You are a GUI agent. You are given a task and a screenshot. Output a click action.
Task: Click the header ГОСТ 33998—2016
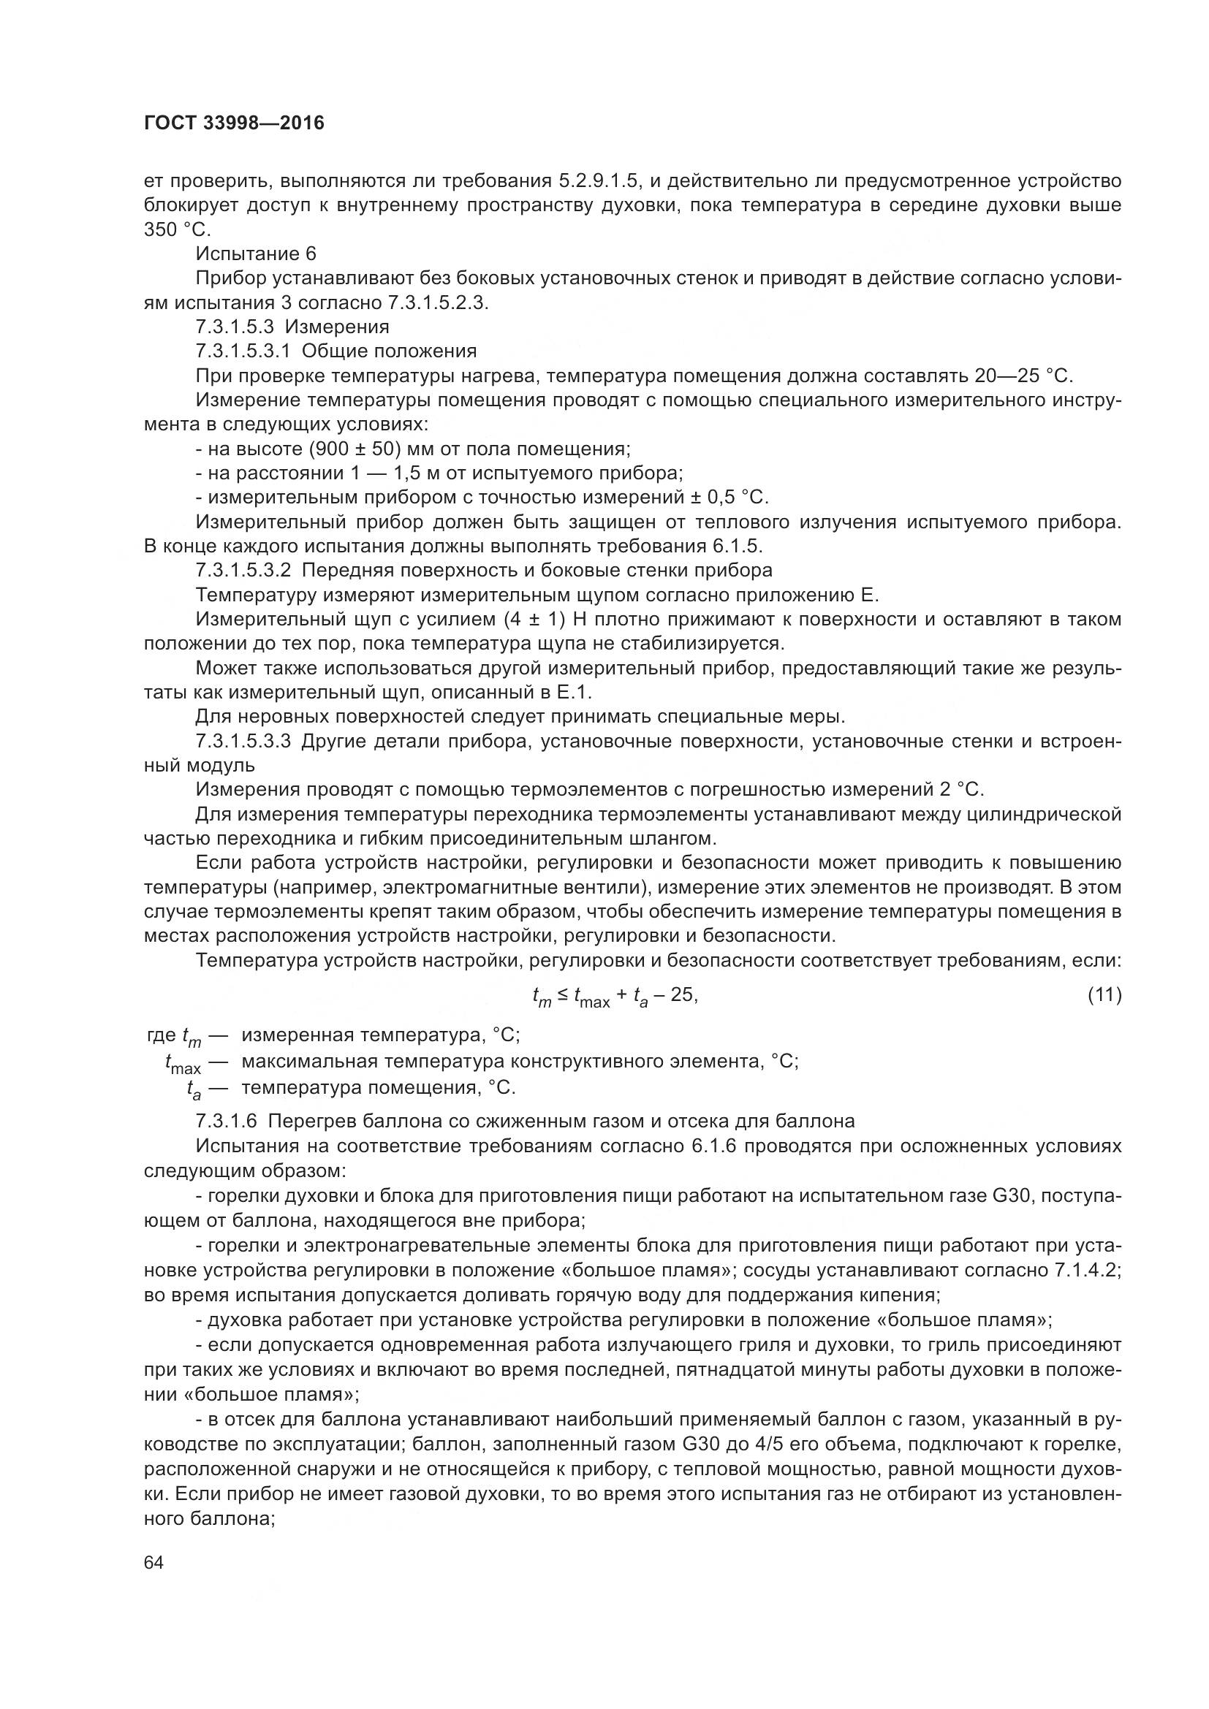click(x=234, y=123)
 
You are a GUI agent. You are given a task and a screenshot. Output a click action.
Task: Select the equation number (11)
click(x=1104, y=994)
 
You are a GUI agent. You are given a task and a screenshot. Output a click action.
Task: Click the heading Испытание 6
click(x=255, y=254)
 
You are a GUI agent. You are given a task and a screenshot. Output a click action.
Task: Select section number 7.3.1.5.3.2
click(x=245, y=570)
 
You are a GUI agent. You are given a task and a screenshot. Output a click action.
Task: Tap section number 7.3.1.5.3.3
click(x=245, y=742)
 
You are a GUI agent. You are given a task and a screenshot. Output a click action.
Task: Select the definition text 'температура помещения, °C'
click(x=379, y=1087)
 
